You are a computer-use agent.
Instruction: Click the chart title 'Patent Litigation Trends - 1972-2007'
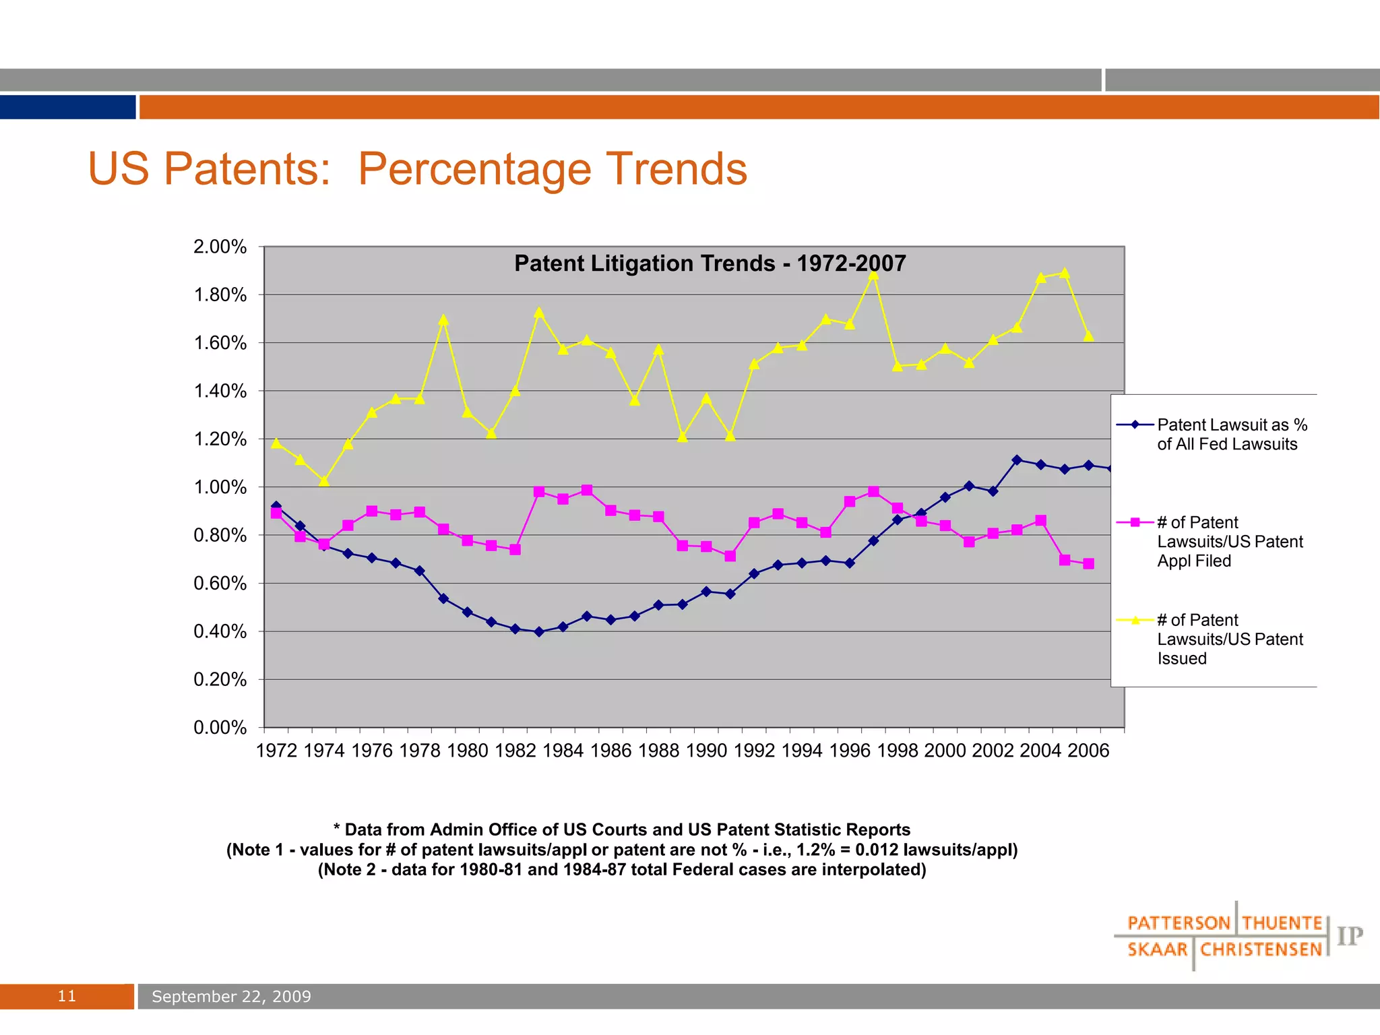pyautogui.click(x=710, y=263)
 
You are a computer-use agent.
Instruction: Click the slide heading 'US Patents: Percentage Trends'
pyautogui.click(x=417, y=168)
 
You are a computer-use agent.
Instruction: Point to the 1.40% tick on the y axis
pyautogui.click(x=220, y=391)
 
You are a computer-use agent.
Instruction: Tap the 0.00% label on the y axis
pyautogui.click(x=220, y=728)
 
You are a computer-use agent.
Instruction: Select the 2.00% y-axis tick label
pyautogui.click(x=220, y=247)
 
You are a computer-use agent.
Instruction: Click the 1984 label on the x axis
pyautogui.click(x=563, y=751)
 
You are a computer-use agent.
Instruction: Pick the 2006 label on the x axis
pyautogui.click(x=1088, y=751)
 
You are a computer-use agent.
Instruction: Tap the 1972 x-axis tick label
pyautogui.click(x=276, y=751)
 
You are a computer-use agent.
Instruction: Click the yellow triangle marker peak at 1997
pyautogui.click(x=873, y=274)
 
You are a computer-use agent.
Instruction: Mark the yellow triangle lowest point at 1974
pyautogui.click(x=324, y=481)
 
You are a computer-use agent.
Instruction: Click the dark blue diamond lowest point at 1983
pyautogui.click(x=539, y=632)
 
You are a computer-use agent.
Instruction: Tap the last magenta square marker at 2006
pyautogui.click(x=1088, y=564)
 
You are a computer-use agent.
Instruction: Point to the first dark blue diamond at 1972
pyautogui.click(x=276, y=505)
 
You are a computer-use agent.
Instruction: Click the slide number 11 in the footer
pyautogui.click(x=67, y=997)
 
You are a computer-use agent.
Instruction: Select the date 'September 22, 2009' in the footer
pyautogui.click(x=231, y=997)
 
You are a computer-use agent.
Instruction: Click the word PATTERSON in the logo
pyautogui.click(x=1179, y=923)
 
